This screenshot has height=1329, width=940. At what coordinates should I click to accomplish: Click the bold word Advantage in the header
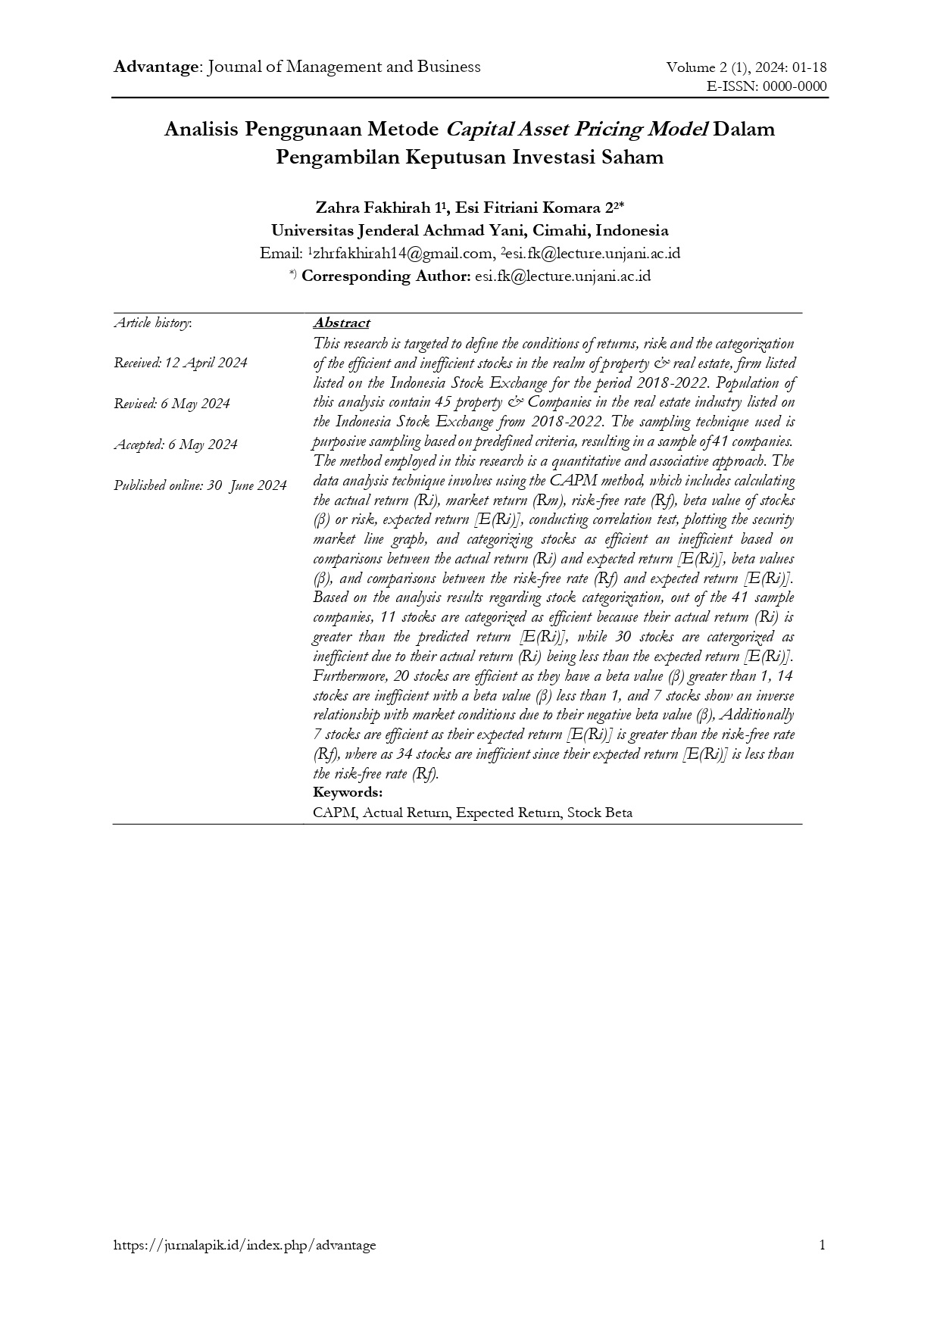tap(155, 67)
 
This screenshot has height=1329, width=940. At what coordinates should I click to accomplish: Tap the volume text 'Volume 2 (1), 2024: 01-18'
tap(746, 67)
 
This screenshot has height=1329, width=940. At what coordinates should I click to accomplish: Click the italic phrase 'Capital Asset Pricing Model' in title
tap(576, 129)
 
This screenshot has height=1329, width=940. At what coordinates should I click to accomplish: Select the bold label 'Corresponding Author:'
tap(386, 276)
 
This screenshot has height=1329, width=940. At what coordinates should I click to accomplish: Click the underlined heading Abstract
tap(342, 323)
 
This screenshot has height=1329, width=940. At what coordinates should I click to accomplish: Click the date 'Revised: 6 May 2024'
tap(172, 404)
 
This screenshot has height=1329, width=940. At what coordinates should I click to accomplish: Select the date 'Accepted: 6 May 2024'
tap(176, 445)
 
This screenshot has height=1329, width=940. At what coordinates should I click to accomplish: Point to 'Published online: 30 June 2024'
tap(200, 485)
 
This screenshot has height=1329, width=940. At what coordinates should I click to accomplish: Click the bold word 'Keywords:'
tap(348, 792)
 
